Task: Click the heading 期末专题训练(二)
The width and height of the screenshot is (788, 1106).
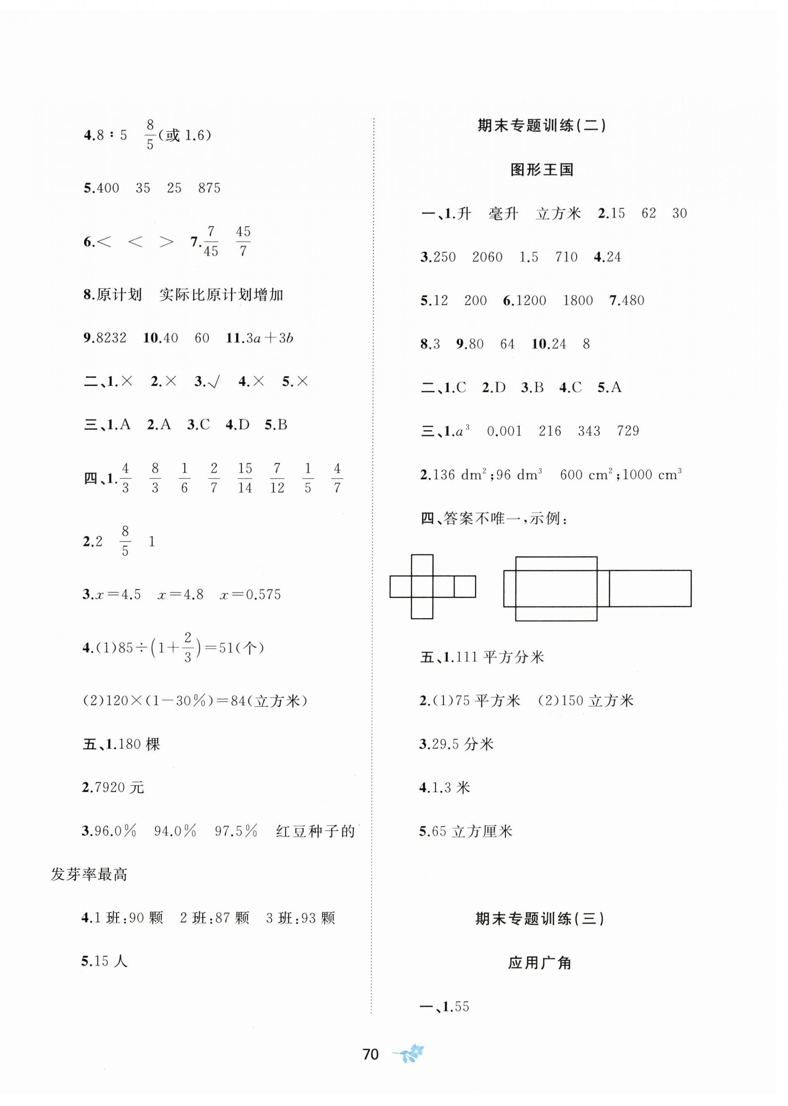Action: point(541,126)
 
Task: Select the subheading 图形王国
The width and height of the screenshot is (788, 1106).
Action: point(541,170)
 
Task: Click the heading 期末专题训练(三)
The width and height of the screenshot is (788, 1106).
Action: point(539,918)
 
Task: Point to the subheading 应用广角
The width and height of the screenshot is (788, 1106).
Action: point(539,962)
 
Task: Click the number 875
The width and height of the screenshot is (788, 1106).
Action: point(209,188)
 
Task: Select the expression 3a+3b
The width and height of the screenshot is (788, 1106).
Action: point(269,338)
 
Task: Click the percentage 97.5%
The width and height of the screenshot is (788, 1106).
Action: point(236,831)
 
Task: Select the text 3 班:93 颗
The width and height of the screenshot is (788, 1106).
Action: point(300,918)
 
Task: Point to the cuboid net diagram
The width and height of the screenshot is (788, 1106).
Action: point(597,588)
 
